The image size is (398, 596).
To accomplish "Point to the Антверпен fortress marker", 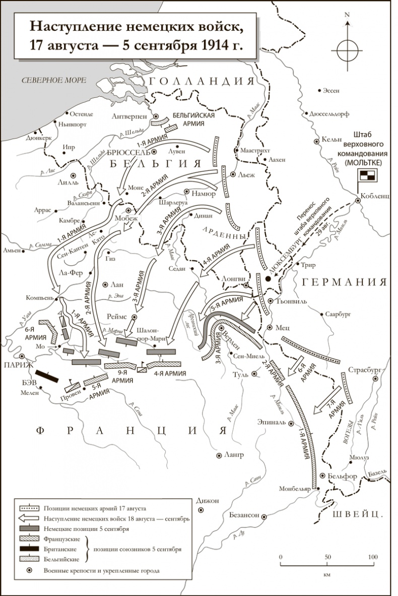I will tap(156, 115).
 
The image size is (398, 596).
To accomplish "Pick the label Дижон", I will tap(210, 501).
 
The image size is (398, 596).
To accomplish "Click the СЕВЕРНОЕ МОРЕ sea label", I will tap(50, 80).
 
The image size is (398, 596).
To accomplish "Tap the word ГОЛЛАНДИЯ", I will tap(201, 82).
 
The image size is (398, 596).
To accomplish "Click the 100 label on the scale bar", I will tap(372, 557).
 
